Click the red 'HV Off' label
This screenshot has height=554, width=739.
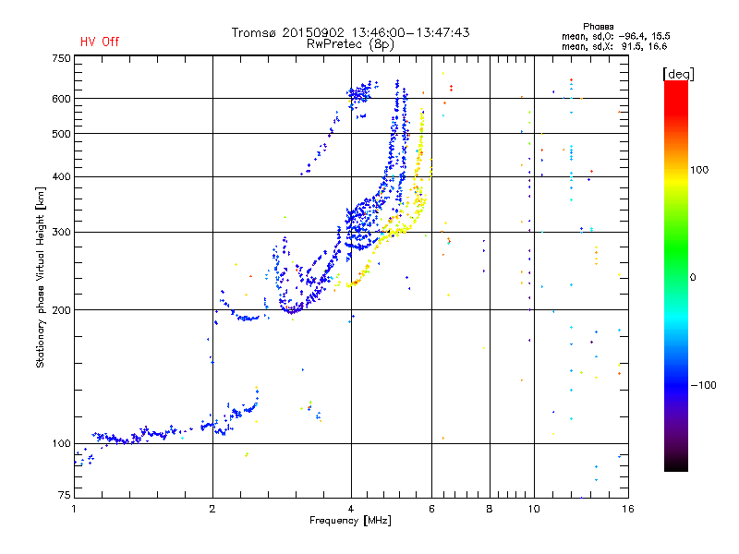click(x=100, y=42)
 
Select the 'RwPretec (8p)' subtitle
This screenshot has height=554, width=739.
click(x=350, y=44)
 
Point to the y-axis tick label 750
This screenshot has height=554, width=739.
click(x=61, y=58)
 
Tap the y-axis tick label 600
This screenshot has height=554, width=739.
click(x=61, y=99)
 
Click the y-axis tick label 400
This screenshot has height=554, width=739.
click(x=61, y=176)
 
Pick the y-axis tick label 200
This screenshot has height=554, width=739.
click(x=61, y=310)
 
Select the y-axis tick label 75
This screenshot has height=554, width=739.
click(x=65, y=495)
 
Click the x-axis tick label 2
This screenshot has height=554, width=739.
click(x=212, y=509)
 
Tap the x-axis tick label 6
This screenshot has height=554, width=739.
click(x=431, y=509)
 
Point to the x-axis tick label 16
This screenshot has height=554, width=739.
click(x=628, y=509)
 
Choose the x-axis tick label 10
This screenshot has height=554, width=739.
click(x=534, y=509)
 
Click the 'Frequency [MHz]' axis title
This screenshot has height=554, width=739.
click(x=350, y=521)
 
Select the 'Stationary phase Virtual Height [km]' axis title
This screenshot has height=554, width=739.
click(x=41, y=277)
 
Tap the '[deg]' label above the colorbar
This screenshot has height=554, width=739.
click(x=678, y=75)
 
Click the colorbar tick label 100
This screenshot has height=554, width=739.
click(x=699, y=170)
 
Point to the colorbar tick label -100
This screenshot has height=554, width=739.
click(x=703, y=385)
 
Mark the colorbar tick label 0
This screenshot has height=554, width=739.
click(x=693, y=278)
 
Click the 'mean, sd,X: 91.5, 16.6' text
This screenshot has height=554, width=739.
click(x=614, y=46)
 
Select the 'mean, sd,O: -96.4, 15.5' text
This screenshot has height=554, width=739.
click(x=616, y=36)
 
